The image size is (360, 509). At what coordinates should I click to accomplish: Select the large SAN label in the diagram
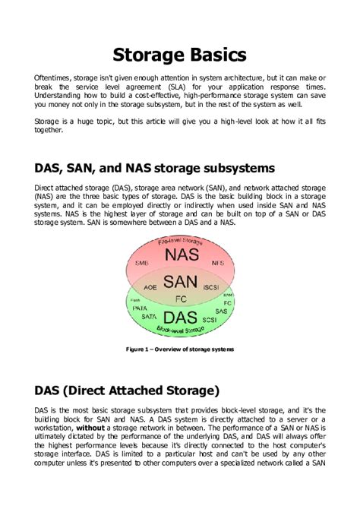(181, 281)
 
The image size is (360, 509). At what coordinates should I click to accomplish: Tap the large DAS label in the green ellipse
(181, 316)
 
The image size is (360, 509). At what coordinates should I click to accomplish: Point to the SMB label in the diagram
(141, 263)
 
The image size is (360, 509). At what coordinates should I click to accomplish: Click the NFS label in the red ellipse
(219, 263)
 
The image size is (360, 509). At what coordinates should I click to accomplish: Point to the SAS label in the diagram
(220, 311)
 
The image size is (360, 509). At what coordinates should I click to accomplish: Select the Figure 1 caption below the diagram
(180, 349)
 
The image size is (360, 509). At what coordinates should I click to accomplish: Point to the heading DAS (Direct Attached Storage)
(127, 390)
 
